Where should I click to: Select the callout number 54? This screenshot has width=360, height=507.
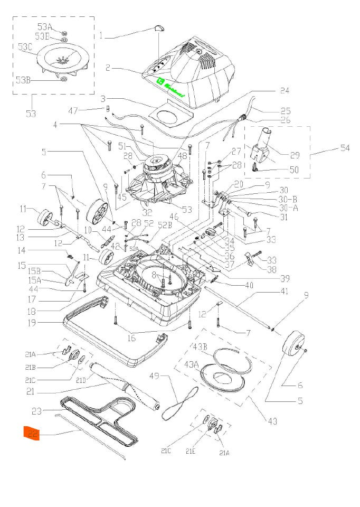(x=344, y=148)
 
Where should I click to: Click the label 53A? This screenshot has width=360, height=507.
(x=44, y=27)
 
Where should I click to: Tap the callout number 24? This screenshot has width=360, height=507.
(x=285, y=91)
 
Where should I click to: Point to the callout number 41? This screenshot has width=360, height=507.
(x=284, y=291)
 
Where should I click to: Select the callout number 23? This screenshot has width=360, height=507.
(x=36, y=410)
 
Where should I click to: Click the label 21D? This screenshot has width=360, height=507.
(x=80, y=380)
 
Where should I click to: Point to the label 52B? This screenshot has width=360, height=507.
(x=165, y=225)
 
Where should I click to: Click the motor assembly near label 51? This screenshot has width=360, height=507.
(x=158, y=164)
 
